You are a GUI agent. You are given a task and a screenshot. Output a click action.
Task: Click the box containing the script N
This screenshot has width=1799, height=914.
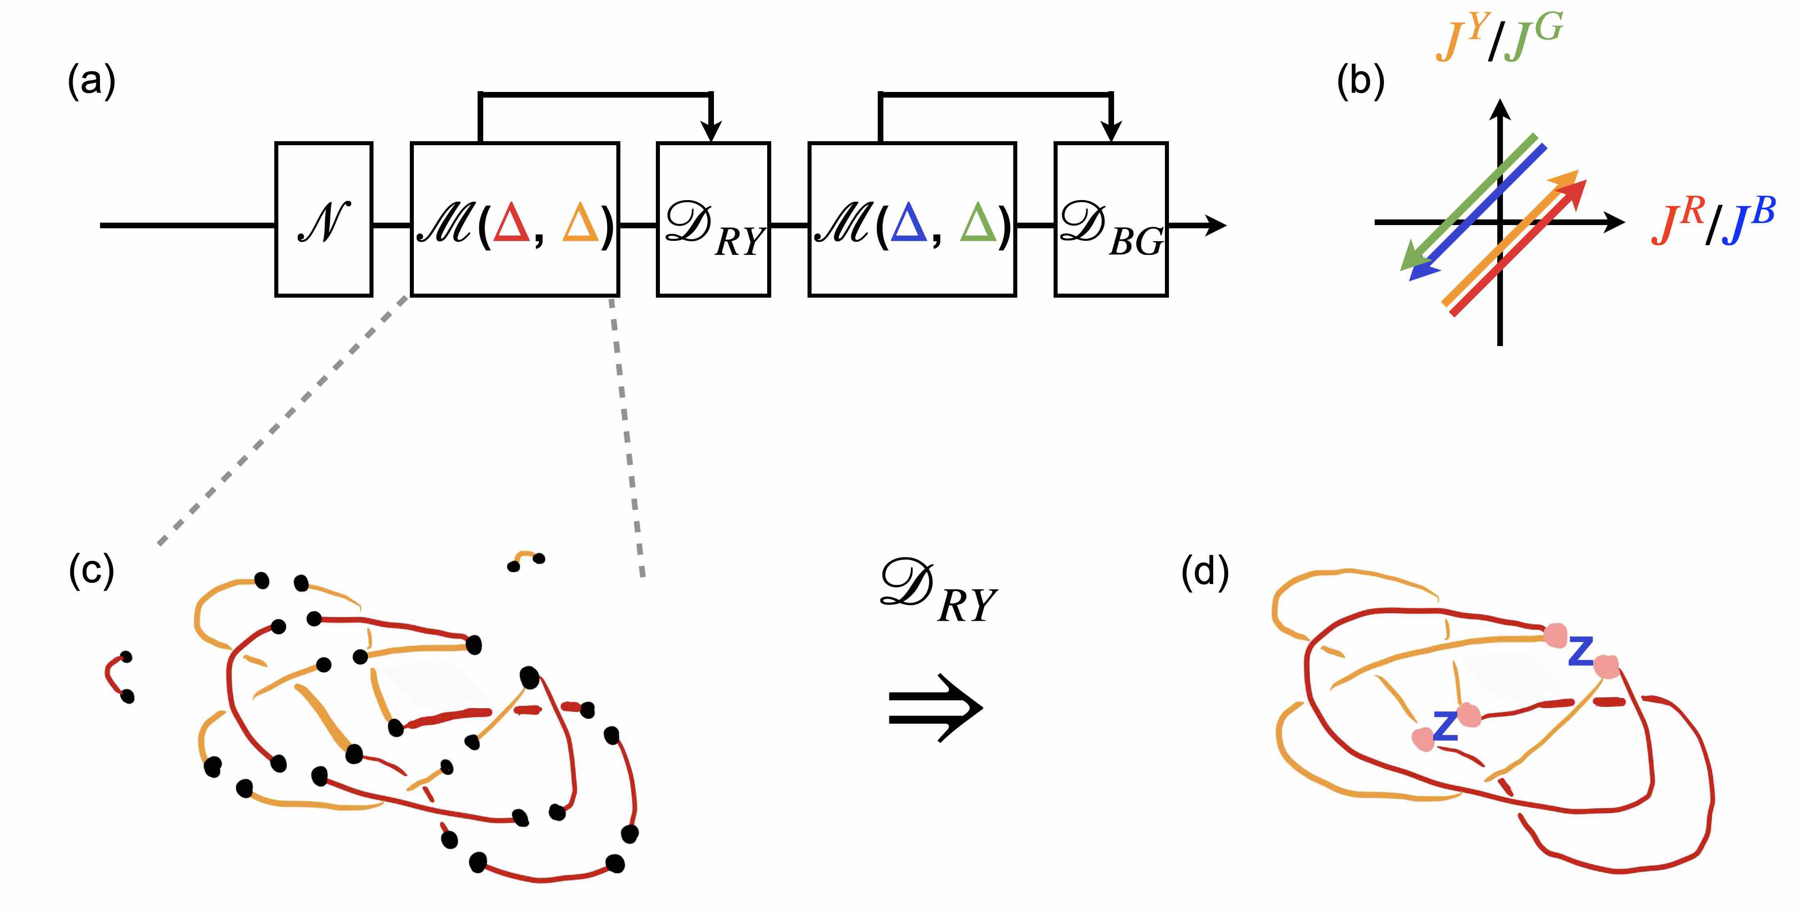[323, 219]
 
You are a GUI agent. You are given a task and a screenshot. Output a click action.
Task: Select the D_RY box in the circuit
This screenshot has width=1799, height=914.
[713, 219]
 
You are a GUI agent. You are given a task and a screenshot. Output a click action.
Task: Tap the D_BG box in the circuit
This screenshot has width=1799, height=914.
[1110, 219]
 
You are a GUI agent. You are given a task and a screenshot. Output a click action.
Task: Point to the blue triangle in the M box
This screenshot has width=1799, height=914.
[909, 224]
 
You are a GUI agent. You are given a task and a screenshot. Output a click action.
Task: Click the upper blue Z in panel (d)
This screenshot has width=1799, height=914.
[1580, 651]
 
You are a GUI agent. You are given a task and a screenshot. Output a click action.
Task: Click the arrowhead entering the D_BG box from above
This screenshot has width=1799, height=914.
[1110, 131]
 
